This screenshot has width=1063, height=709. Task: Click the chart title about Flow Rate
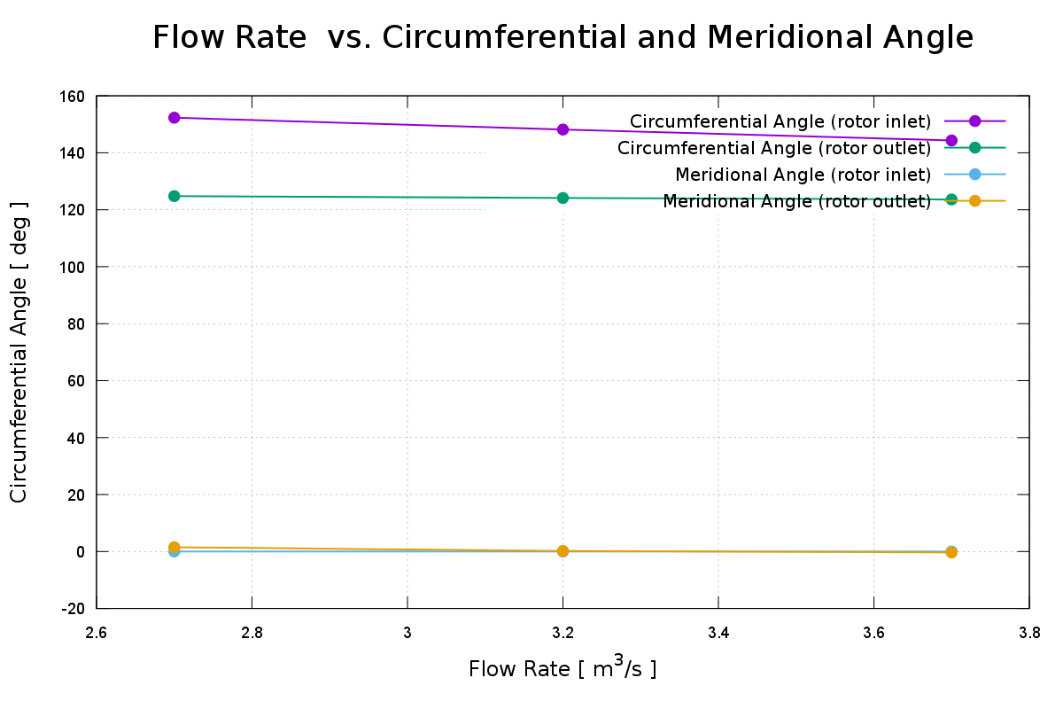[563, 38]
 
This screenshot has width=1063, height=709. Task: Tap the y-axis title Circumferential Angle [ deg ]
[19, 353]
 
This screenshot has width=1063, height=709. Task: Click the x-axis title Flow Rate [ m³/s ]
[563, 667]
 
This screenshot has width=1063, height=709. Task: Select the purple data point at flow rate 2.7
[175, 118]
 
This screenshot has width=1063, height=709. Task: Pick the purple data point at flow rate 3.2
[563, 129]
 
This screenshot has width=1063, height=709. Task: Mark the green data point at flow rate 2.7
[175, 196]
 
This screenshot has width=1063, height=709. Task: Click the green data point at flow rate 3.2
[563, 198]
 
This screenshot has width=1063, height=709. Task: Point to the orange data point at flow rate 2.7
[175, 548]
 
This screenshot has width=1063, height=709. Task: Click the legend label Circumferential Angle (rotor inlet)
[780, 121]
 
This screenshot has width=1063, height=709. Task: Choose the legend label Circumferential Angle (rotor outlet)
[774, 148]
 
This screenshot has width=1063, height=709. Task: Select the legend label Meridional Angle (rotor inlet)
[803, 175]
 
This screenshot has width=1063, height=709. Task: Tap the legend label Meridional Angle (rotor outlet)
[796, 201]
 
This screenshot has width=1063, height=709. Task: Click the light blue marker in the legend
[974, 175]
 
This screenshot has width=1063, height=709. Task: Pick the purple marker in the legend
[974, 121]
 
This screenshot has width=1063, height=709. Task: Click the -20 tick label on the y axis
[73, 609]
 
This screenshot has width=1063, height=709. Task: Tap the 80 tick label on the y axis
[76, 324]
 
